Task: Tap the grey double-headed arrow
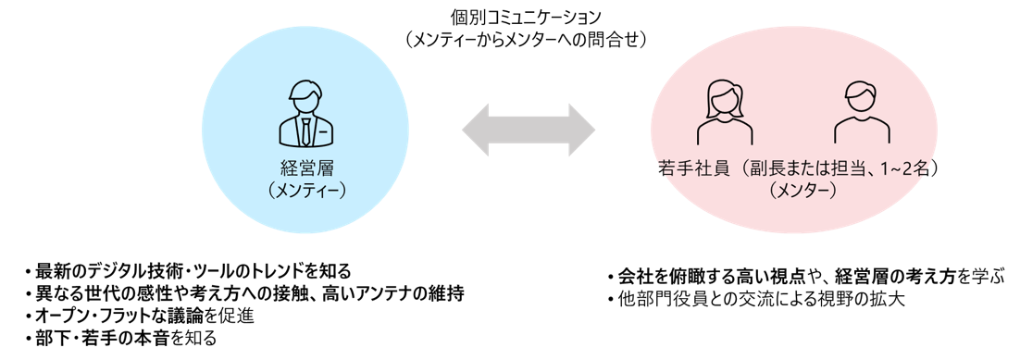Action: pos(529,130)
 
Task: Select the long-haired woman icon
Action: pos(725,113)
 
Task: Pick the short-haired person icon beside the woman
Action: pos(862,113)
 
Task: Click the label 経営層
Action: pos(305,170)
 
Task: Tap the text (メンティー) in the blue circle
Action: pos(305,192)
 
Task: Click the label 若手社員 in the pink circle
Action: pos(689,170)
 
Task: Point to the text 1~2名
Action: pos(901,170)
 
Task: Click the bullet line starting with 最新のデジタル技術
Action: pos(187,270)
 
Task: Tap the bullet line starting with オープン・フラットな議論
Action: pos(137,316)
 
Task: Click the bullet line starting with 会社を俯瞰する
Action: pos(806,276)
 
